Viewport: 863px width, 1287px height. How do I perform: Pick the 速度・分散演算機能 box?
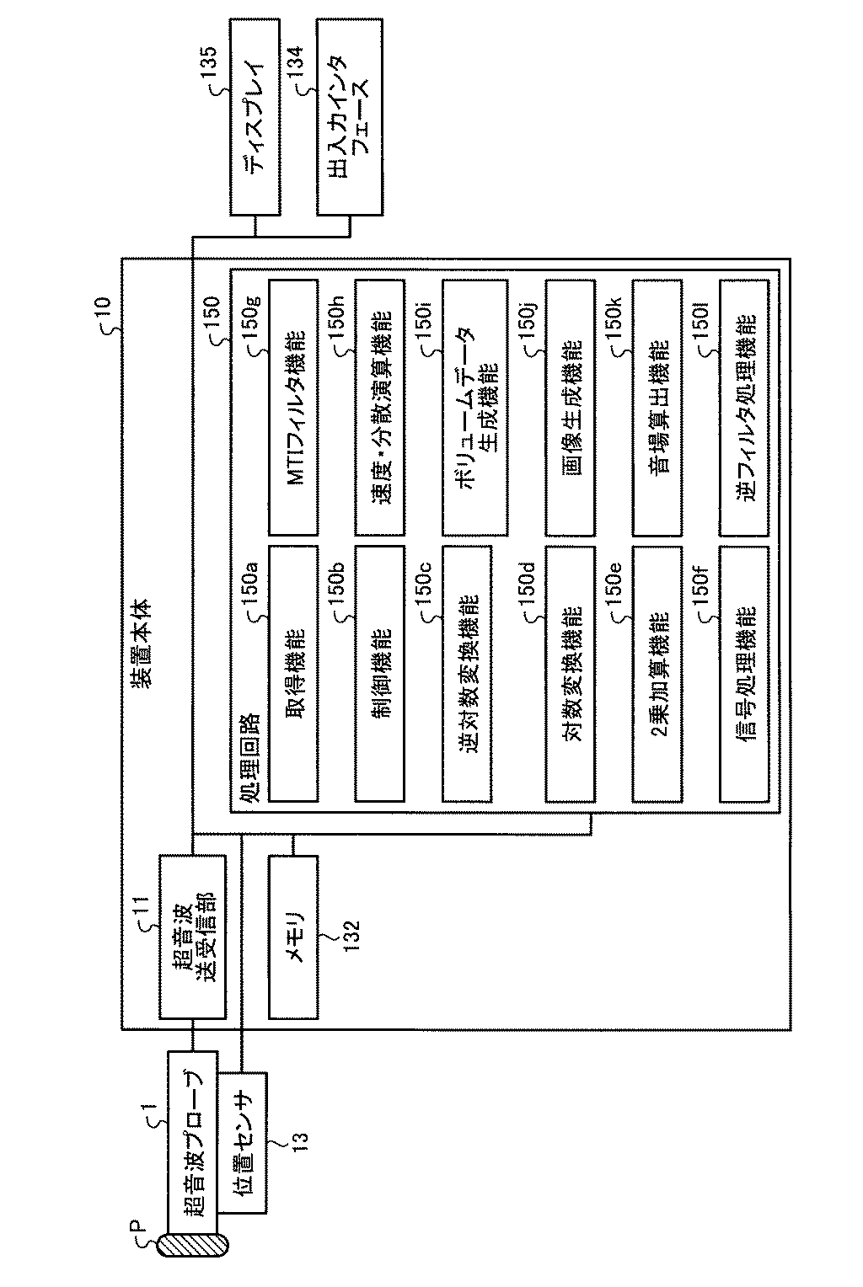(x=381, y=408)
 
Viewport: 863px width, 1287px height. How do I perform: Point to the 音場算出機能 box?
(x=658, y=408)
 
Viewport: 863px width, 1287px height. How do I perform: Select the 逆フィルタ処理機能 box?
(x=744, y=408)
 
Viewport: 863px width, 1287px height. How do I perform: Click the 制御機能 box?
(x=381, y=673)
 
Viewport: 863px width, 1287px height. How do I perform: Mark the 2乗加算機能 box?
(x=658, y=673)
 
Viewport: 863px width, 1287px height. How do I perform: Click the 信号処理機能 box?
(x=744, y=673)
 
